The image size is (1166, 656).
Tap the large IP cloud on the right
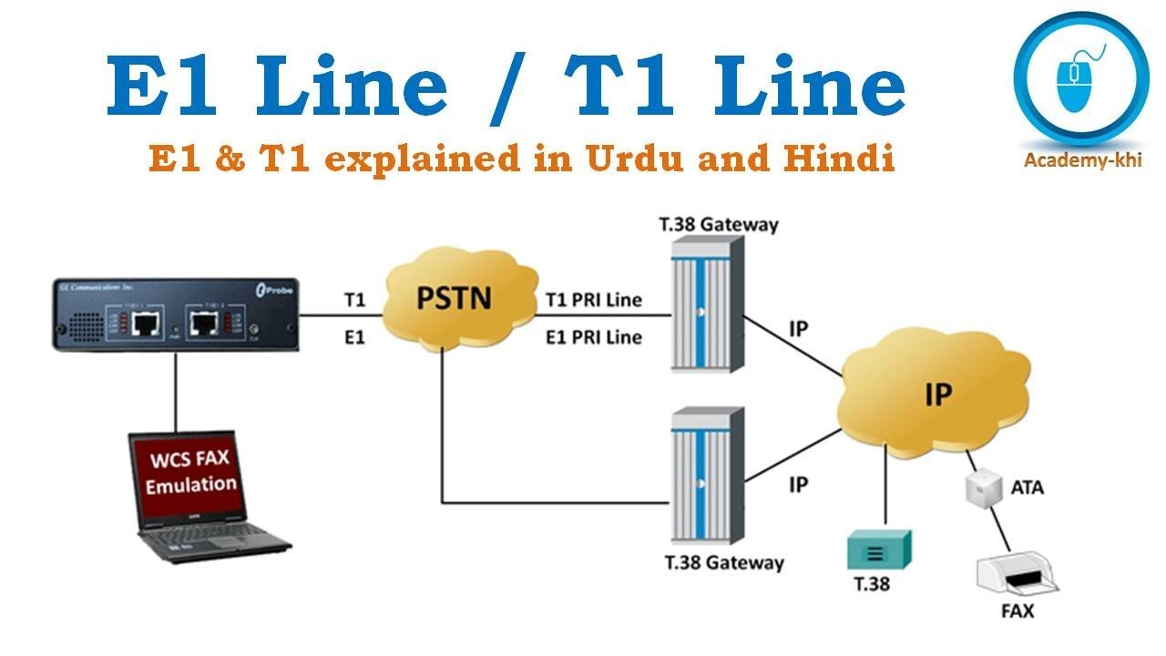coord(937,394)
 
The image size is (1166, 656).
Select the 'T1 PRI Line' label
coord(593,299)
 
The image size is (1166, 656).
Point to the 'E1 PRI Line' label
coord(593,337)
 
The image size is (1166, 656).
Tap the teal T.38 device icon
coord(878,550)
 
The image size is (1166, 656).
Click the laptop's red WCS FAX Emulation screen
coord(190,473)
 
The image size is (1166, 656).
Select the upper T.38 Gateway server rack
coord(705,304)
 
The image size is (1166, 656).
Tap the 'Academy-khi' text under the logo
coord(1082,161)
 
